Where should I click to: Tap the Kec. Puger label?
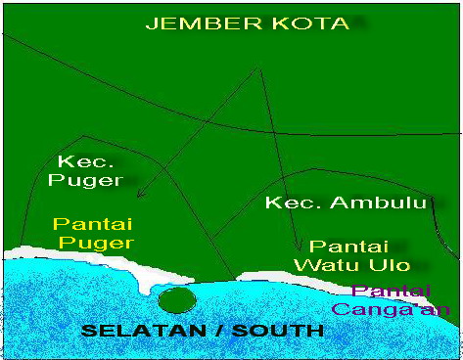tap(89, 170)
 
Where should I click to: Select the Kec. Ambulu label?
tap(348, 203)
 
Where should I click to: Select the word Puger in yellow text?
tap(95, 243)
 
